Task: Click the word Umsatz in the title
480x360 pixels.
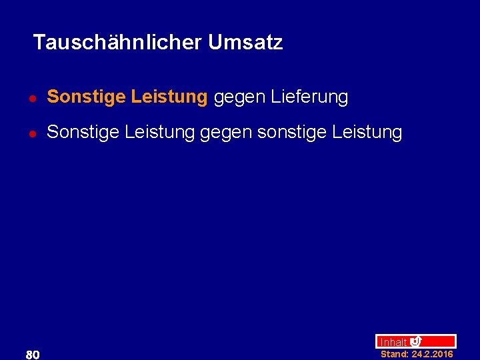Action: pos(245,43)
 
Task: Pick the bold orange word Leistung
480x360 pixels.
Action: pos(169,97)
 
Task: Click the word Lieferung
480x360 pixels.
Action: pos(309,97)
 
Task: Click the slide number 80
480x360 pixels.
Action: pos(33,354)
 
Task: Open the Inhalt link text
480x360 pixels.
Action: pos(393,342)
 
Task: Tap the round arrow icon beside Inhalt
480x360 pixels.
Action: pos(416,341)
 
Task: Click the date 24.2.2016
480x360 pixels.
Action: pos(433,354)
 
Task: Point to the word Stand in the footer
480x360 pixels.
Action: pos(394,354)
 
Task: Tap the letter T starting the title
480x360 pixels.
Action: pos(38,43)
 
